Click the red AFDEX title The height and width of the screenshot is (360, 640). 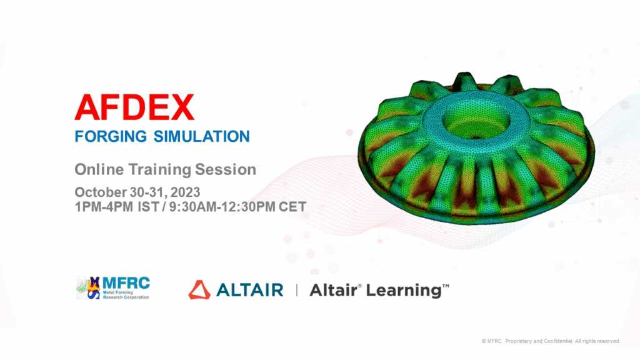pyautogui.click(x=134, y=107)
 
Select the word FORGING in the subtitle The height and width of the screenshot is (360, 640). pyautogui.click(x=111, y=136)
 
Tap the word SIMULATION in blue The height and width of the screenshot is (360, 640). pyautogui.click(x=202, y=136)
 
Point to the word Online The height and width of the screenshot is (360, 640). pyautogui.click(x=99, y=169)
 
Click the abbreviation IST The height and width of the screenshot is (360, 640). pyautogui.click(x=148, y=207)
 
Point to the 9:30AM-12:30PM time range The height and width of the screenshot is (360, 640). pyautogui.click(x=222, y=207)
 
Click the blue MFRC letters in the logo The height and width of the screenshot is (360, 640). pyautogui.click(x=126, y=282)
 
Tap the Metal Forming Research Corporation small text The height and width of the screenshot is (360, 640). pyautogui.click(x=126, y=295)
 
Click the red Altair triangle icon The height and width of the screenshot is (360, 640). pyautogui.click(x=199, y=290)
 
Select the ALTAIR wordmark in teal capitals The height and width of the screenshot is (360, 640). pyautogui.click(x=250, y=290)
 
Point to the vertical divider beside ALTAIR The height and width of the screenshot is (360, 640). pyautogui.click(x=297, y=290)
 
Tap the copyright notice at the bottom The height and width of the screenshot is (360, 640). pyautogui.click(x=551, y=341)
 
